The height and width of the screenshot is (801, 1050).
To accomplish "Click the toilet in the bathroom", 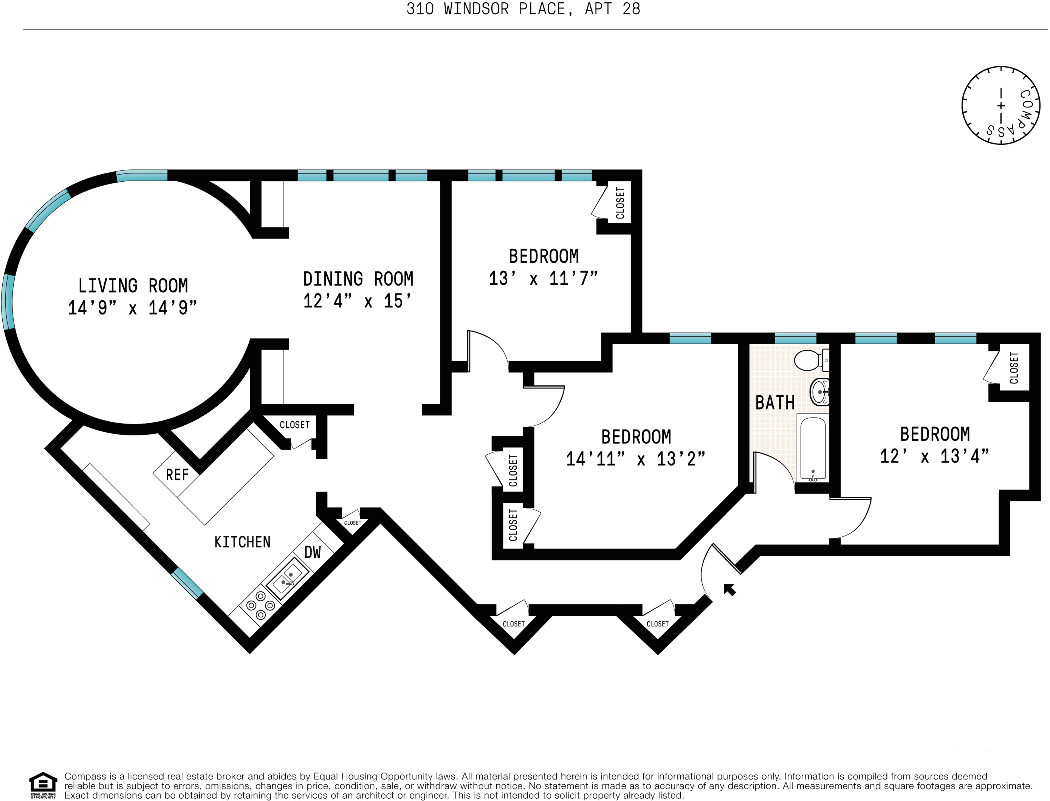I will pyautogui.click(x=810, y=360).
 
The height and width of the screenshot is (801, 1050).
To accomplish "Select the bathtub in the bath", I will pyautogui.click(x=813, y=448).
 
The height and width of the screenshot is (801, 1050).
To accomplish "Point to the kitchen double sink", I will pyautogui.click(x=287, y=579).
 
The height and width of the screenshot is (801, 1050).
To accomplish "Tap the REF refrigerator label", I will pyautogui.click(x=177, y=475).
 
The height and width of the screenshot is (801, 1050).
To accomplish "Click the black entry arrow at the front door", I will pyautogui.click(x=729, y=590).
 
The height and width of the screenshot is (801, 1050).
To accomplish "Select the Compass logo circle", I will pyautogui.click(x=1000, y=105).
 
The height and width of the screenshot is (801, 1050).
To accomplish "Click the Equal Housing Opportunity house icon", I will pyautogui.click(x=43, y=783).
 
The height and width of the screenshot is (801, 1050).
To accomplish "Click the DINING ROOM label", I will pyautogui.click(x=358, y=279).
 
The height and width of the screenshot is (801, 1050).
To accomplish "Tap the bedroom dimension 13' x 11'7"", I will pyautogui.click(x=543, y=278).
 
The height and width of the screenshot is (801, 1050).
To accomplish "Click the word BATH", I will pyautogui.click(x=775, y=403).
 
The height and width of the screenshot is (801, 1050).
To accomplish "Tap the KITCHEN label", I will pyautogui.click(x=242, y=542).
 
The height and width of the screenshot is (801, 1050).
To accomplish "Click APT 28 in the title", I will pyautogui.click(x=612, y=9).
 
